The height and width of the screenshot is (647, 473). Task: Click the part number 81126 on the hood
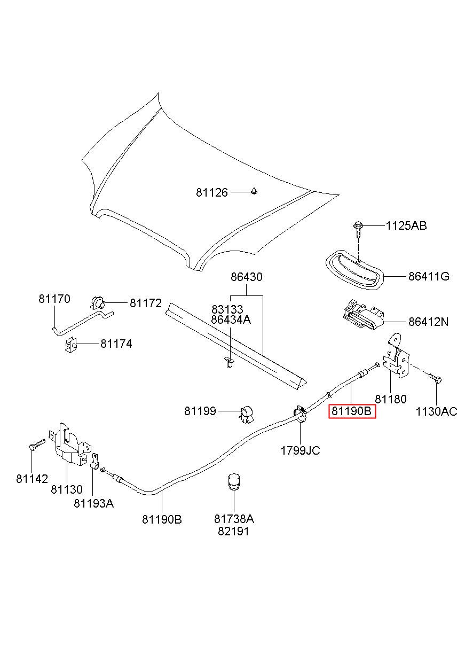click(x=212, y=192)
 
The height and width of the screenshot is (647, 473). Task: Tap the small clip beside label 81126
click(x=254, y=191)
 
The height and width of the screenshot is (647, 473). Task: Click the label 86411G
click(x=429, y=276)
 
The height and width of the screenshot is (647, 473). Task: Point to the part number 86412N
click(x=429, y=322)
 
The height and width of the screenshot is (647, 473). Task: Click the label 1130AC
click(x=436, y=411)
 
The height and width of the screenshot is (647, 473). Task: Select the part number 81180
click(x=390, y=399)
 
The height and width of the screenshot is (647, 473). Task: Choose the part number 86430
click(x=247, y=277)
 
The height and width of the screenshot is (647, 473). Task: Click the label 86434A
click(x=231, y=319)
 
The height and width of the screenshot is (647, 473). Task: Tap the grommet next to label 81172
click(x=98, y=303)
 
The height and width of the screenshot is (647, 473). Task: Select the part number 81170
click(x=54, y=299)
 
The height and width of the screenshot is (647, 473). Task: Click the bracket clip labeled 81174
click(x=70, y=344)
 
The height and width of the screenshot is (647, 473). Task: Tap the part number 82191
click(x=233, y=531)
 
